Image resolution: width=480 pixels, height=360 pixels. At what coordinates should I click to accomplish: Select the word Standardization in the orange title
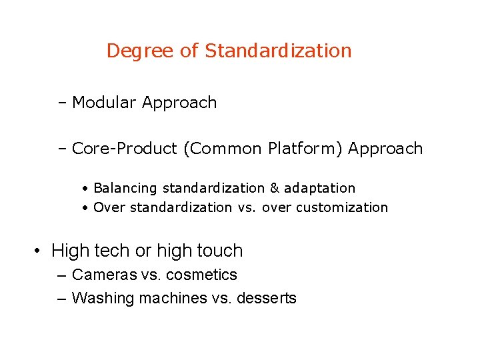point(278,51)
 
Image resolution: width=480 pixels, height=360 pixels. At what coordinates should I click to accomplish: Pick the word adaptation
point(320,189)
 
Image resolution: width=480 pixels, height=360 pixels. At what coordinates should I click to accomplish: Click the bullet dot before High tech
point(39,251)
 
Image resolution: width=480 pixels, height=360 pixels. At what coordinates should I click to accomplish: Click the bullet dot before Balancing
point(87,189)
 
